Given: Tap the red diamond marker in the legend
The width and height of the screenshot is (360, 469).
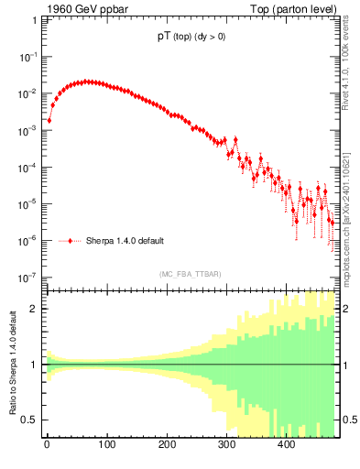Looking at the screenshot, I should [71, 241].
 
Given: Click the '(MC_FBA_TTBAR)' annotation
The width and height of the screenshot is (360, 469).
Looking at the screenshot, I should [190, 274].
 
